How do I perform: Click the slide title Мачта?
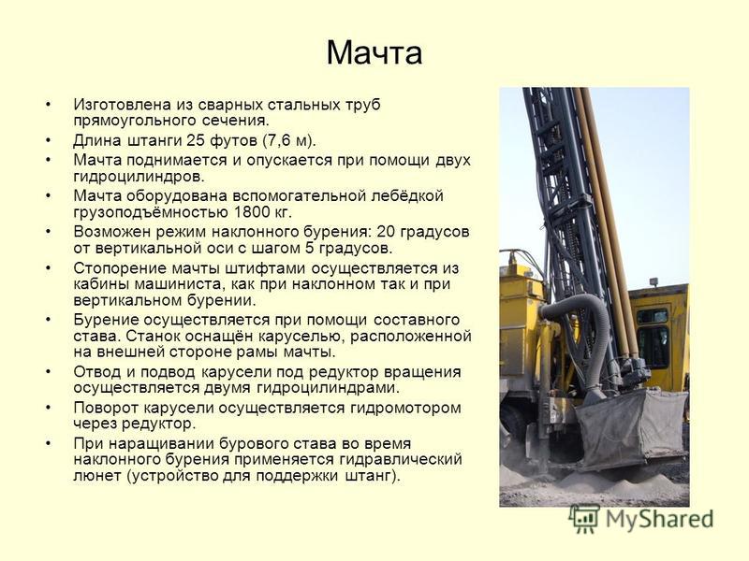[374, 52]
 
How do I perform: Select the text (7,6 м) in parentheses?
[288, 141]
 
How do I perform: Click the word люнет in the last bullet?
[97, 476]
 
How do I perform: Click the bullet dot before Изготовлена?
[48, 105]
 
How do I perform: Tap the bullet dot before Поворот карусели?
[48, 408]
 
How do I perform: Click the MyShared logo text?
[660, 519]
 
